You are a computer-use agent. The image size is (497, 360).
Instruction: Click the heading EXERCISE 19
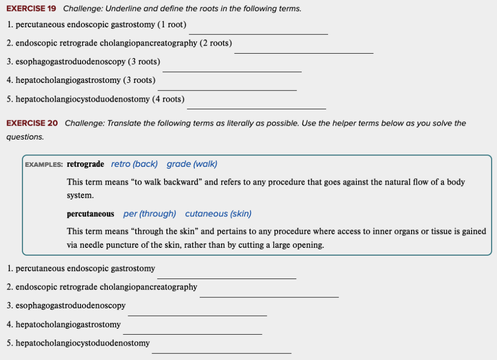31,9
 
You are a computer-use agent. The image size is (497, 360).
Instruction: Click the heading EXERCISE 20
32,123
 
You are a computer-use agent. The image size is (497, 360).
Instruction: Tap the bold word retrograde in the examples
85,164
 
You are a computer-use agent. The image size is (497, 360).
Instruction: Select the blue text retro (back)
134,164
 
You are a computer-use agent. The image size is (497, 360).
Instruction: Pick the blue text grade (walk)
192,164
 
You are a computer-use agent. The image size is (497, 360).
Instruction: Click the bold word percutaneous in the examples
90,214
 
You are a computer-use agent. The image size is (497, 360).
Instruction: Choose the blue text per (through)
150,214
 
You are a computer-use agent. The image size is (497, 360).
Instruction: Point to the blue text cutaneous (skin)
218,214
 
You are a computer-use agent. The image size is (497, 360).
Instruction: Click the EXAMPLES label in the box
44,165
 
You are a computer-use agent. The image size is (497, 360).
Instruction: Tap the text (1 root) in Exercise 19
171,24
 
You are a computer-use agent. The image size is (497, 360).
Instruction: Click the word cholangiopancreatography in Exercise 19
149,43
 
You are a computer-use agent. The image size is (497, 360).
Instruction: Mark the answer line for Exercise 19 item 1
258,34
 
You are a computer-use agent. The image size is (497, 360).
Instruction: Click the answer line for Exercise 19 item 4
227,90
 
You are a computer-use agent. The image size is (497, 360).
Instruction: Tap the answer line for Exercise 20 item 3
197,315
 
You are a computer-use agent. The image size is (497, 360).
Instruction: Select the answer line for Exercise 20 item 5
221,353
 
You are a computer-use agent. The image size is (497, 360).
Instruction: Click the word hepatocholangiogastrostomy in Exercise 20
68,325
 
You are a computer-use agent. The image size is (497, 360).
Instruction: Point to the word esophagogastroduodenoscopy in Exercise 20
71,306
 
